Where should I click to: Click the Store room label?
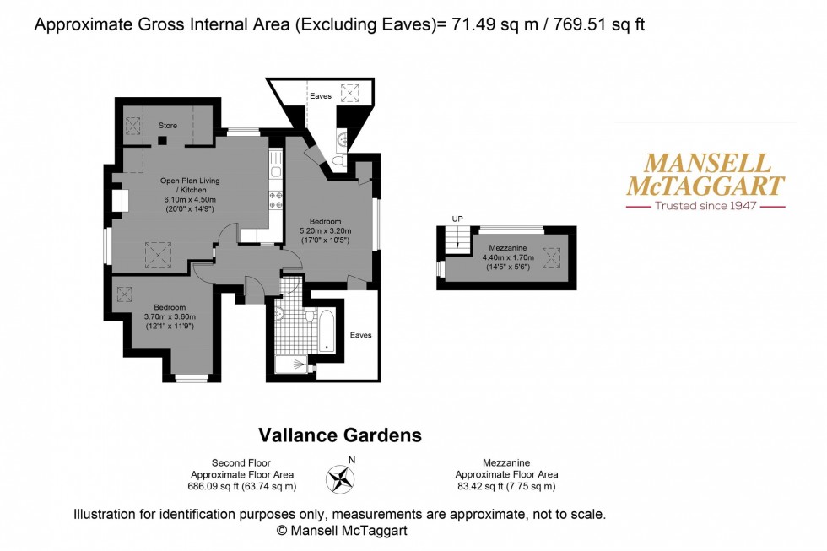point(168,126)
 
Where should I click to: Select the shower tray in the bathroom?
point(292,365)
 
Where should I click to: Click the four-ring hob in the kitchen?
point(275,200)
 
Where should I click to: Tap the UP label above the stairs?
point(458,219)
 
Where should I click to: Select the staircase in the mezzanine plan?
point(457,240)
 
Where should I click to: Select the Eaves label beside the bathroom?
point(360,335)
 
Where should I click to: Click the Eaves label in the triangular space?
point(321,96)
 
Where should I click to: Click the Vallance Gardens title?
point(339,435)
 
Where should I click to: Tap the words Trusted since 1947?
point(705,206)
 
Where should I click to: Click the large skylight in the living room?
point(158,253)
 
